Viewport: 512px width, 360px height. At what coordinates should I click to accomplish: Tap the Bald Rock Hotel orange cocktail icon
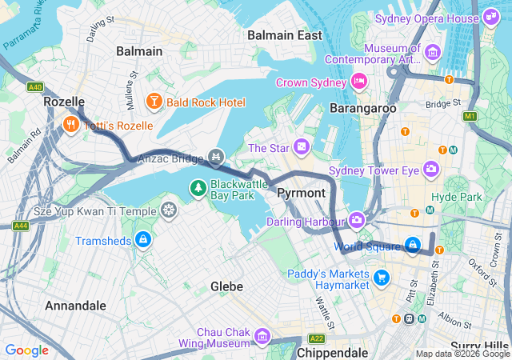click(153, 102)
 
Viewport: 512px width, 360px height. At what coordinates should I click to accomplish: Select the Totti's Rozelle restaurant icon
click(70, 124)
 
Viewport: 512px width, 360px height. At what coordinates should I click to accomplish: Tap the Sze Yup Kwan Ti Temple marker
click(169, 210)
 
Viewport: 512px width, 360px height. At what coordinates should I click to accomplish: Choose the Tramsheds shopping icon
click(142, 239)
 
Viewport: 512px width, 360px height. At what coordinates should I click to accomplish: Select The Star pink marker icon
click(301, 147)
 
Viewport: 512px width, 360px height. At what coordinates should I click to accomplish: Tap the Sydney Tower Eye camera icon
click(431, 169)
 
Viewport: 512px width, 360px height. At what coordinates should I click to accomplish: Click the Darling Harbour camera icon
click(357, 220)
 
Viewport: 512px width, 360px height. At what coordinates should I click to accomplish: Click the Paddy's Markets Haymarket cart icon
click(382, 278)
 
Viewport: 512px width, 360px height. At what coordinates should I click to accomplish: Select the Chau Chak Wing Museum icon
click(262, 337)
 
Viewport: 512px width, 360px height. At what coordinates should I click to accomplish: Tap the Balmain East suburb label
click(285, 35)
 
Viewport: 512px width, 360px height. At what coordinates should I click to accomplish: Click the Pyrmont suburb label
click(301, 193)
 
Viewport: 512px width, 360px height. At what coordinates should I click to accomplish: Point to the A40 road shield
click(34, 86)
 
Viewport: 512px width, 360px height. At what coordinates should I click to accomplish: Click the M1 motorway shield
click(470, 117)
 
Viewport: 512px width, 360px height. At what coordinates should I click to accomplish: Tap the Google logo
click(26, 350)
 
